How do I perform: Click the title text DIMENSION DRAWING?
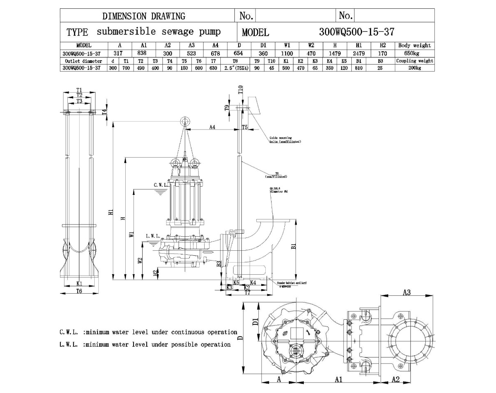(144, 16)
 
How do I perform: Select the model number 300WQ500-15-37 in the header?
(357, 32)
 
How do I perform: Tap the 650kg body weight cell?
(415, 53)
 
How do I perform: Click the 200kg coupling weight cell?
(415, 68)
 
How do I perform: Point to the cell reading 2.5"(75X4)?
(236, 68)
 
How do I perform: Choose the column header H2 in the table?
(382, 46)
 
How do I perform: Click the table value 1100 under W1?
(287, 53)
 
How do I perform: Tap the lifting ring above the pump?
(185, 121)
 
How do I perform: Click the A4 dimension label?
(212, 127)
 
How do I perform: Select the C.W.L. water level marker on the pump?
(160, 185)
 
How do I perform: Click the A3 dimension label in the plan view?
(406, 292)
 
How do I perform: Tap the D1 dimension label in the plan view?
(255, 321)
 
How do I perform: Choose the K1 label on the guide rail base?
(79, 284)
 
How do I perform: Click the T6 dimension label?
(79, 291)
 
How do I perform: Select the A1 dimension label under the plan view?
(339, 379)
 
